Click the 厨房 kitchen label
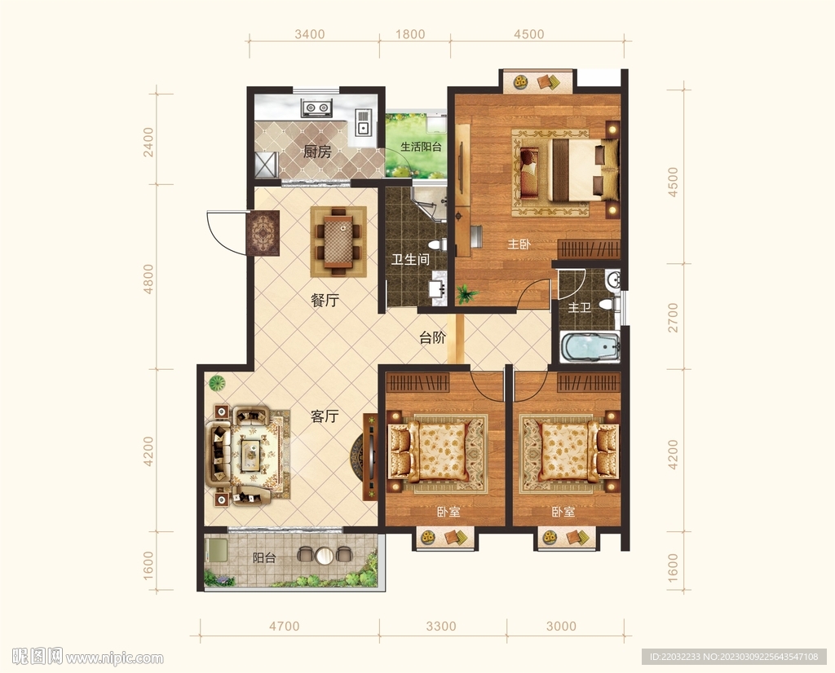[x=317, y=152]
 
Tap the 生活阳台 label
[x=421, y=147]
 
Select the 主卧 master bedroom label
[x=519, y=244]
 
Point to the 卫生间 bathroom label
[x=411, y=260]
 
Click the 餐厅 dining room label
[x=325, y=301]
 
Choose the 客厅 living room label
[x=325, y=416]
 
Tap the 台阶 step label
[x=432, y=337]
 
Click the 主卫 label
[x=580, y=307]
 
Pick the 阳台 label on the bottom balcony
[x=264, y=558]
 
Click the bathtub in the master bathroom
[x=590, y=348]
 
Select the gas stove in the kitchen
[x=316, y=108]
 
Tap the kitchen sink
[x=363, y=123]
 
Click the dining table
[x=338, y=241]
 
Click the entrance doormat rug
[x=263, y=233]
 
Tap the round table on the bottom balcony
[x=324, y=556]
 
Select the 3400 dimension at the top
[x=309, y=34]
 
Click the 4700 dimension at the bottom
[x=284, y=627]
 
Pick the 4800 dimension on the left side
[x=148, y=279]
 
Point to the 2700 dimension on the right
[x=673, y=317]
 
